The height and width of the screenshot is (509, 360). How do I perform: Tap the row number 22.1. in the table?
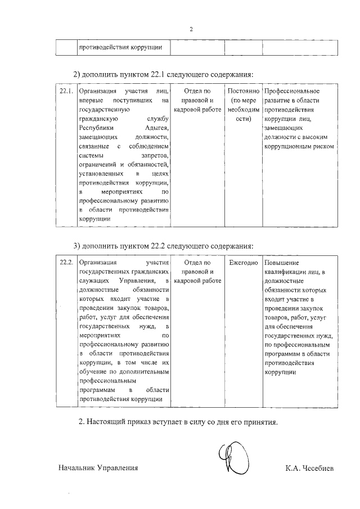66,91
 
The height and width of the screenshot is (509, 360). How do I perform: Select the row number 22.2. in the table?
66,263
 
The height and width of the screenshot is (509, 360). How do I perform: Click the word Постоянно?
243,91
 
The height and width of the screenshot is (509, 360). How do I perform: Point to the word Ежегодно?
243,263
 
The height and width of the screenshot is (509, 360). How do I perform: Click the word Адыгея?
157,128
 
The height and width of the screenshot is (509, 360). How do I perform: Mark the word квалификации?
284,272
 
